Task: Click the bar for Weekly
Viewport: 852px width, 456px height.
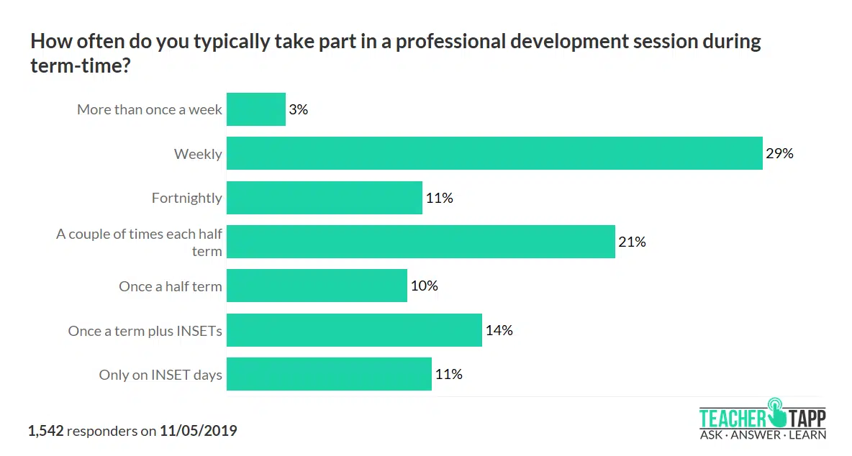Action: click(x=494, y=153)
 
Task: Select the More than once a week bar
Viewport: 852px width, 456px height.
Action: click(x=256, y=109)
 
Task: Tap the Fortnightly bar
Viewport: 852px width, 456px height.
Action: click(x=325, y=198)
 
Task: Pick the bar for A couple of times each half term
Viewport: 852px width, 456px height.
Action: click(x=421, y=242)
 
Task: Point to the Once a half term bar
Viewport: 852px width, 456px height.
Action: click(x=317, y=286)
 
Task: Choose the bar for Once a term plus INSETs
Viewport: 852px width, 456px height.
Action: click(x=354, y=330)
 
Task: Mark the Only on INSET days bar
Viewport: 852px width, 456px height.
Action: click(x=329, y=374)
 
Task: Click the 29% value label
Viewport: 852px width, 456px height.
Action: click(x=779, y=153)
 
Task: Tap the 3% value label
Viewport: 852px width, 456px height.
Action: click(x=299, y=109)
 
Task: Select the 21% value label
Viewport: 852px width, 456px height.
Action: click(x=632, y=242)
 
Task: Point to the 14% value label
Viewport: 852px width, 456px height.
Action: click(x=499, y=330)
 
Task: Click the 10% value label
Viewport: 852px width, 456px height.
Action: click(x=424, y=286)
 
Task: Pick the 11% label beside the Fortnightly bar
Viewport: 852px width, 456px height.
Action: click(x=439, y=198)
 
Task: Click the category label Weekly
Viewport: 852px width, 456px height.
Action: click(x=198, y=154)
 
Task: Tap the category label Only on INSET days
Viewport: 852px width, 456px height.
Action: click(x=160, y=375)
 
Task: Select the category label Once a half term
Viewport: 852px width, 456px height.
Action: click(x=171, y=286)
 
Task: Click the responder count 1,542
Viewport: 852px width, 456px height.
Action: click(x=46, y=431)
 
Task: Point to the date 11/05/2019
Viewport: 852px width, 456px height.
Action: click(x=199, y=431)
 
